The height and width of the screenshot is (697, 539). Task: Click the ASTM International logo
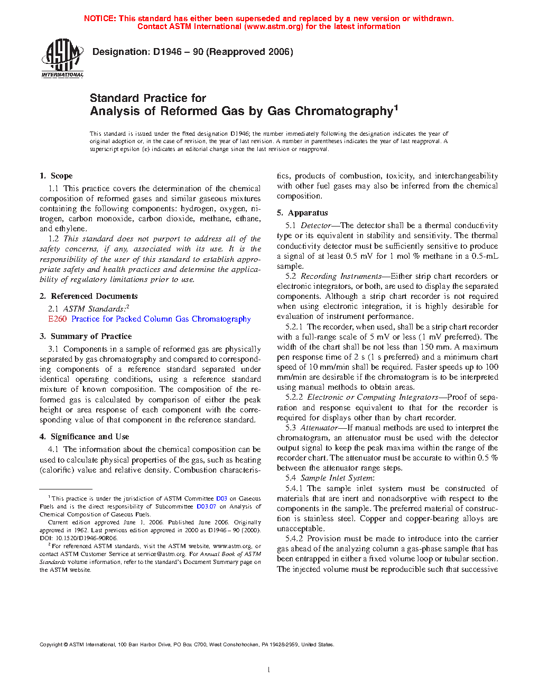tap(62, 58)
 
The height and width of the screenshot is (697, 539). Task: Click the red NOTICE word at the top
tap(100, 18)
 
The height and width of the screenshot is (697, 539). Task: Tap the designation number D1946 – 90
tap(178, 52)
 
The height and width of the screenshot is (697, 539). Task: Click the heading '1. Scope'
tap(56, 176)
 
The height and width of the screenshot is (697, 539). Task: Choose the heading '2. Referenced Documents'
tap(88, 296)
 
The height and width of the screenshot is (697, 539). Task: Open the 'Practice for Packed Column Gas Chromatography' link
tap(161, 319)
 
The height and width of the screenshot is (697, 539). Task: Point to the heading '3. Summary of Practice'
tap(86, 336)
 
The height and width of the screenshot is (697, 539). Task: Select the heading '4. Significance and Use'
tap(84, 437)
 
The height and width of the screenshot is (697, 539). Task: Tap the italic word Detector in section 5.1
tap(316, 225)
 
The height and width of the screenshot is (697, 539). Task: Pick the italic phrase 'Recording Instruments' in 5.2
tap(341, 276)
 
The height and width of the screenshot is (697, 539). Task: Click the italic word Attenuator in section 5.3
tap(319, 428)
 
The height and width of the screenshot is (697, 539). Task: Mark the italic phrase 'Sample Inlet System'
tap(337, 478)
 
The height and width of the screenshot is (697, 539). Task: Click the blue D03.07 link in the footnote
tap(206, 506)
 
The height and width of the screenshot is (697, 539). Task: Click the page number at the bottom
tap(269, 670)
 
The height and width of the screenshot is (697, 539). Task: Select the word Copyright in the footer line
tap(51, 644)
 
